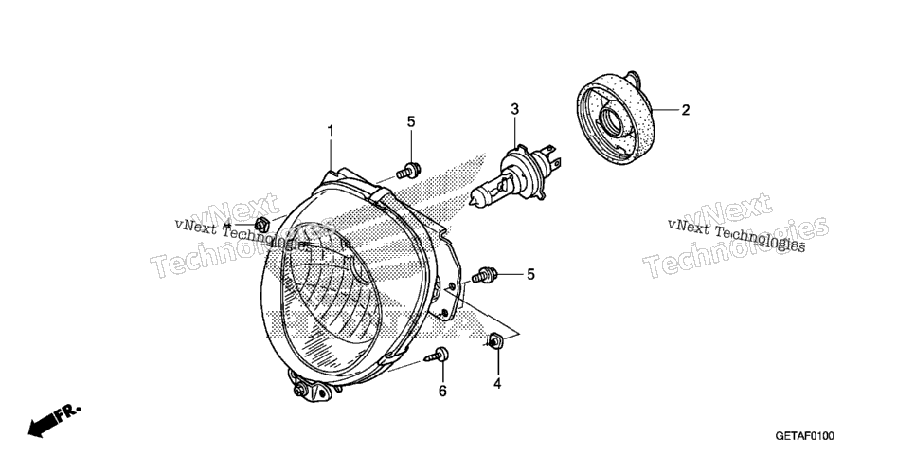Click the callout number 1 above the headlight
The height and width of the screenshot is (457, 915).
[331, 131]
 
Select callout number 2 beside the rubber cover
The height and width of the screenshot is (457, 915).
[686, 110]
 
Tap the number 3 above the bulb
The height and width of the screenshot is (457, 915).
[514, 109]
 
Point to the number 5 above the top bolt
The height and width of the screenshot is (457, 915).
[411, 121]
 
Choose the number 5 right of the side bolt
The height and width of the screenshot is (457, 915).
[530, 274]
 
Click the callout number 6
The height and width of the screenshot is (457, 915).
[442, 391]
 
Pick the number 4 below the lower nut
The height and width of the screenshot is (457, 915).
[497, 384]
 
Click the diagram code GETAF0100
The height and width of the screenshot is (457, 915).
[805, 436]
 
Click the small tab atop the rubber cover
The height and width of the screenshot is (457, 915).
[632, 77]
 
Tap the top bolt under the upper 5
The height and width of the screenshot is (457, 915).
[408, 171]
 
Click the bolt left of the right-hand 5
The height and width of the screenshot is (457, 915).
[484, 275]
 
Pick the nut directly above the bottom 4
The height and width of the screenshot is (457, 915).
[496, 340]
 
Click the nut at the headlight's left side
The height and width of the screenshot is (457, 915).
[262, 224]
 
